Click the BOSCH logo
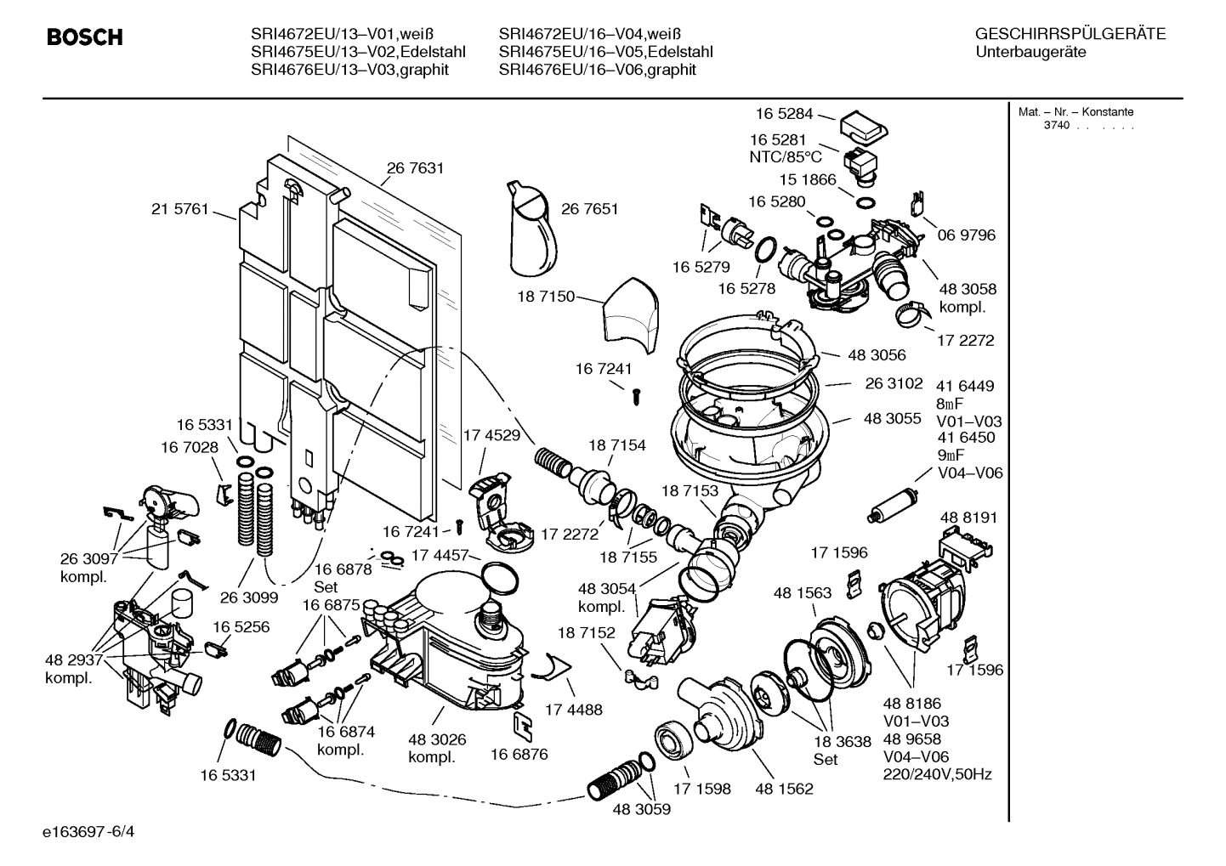coord(84,37)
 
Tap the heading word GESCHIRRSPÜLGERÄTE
coord(1070,35)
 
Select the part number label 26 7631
coord(416,168)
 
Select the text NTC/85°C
coord(786,157)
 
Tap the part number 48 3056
coord(876,354)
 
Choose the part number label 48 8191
coord(968,518)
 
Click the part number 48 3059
coord(641,809)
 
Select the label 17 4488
coord(573,710)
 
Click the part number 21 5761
coord(179,209)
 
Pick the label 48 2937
coord(74,660)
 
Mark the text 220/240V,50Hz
coord(938,774)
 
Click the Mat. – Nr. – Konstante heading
coord(1076,112)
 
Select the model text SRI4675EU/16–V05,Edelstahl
coord(605,52)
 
